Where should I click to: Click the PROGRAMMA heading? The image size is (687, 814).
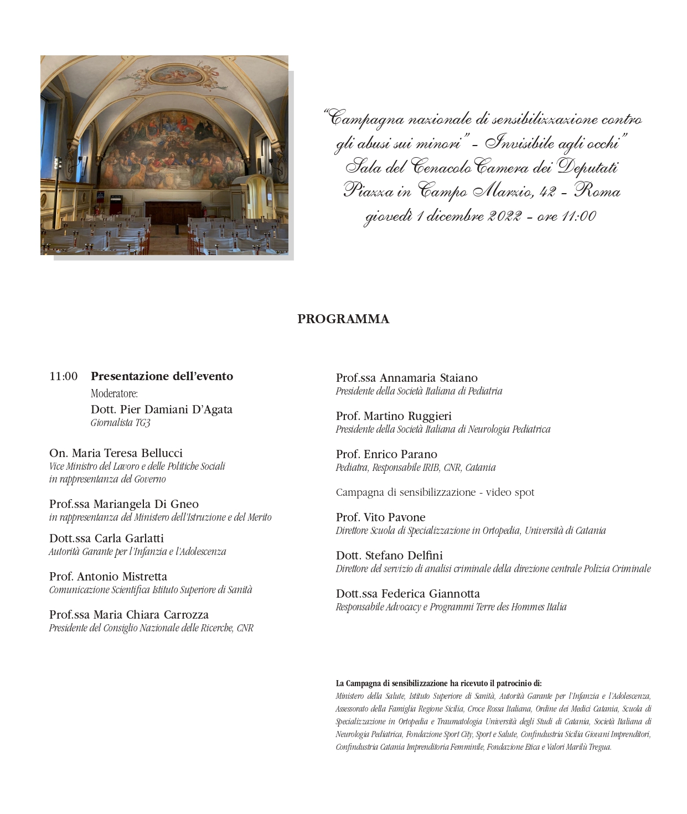tap(343, 319)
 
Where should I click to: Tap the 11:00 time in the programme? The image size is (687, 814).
tap(63, 377)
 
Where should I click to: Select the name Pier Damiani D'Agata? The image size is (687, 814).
tap(161, 410)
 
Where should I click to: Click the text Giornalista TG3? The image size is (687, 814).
tap(120, 423)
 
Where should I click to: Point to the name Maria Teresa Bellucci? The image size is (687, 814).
tap(116, 453)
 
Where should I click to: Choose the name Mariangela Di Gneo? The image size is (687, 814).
tap(123, 504)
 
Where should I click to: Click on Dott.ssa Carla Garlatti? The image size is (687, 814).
tap(106, 538)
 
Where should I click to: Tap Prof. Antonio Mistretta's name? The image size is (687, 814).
tap(108, 577)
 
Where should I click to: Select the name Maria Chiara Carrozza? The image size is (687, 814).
tap(128, 615)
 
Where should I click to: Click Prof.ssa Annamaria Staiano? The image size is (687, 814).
tap(406, 379)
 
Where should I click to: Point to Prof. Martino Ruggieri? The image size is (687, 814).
tap(394, 416)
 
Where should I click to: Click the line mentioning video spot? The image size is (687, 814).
tap(435, 492)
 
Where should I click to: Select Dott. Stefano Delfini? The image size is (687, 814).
tap(389, 556)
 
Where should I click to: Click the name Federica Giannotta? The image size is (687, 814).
tap(408, 594)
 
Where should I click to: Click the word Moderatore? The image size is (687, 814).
tap(114, 394)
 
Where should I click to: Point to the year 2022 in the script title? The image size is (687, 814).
tap(504, 216)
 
